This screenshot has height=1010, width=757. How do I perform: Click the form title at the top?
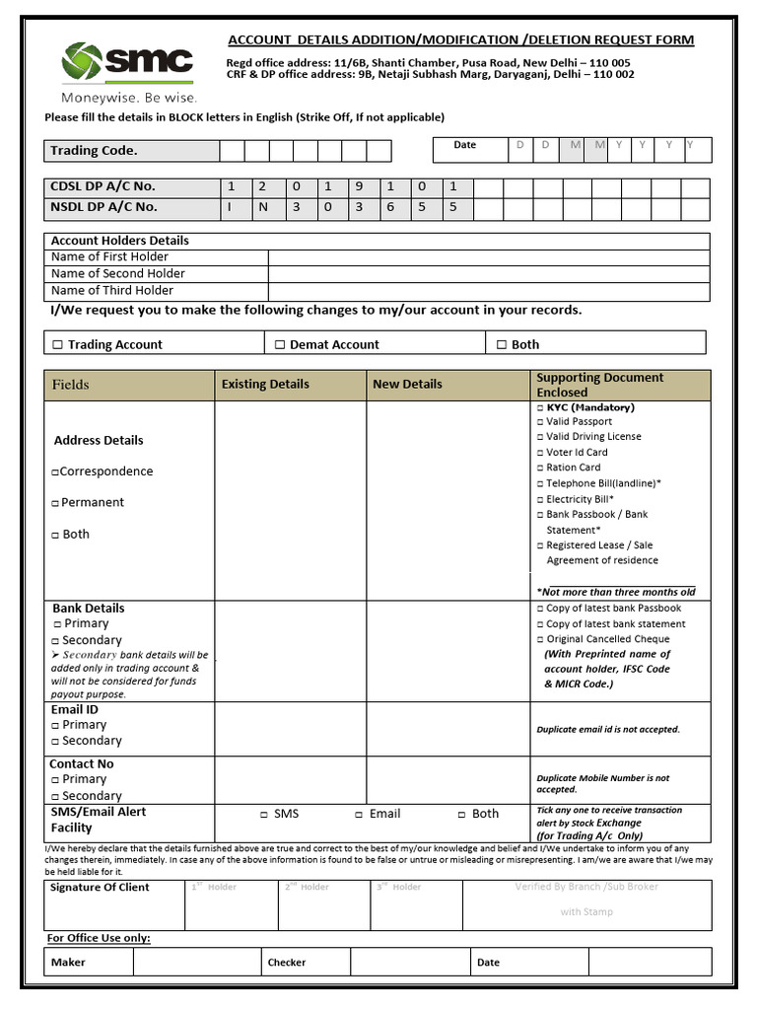(x=460, y=40)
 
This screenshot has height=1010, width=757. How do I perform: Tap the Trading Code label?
(x=95, y=151)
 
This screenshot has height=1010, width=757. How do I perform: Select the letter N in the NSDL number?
(x=264, y=207)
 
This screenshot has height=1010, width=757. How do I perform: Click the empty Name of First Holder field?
(x=488, y=257)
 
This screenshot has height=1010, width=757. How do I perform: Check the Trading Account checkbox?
(x=57, y=345)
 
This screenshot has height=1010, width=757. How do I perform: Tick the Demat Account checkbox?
(x=280, y=345)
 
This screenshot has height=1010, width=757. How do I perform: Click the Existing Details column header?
(x=265, y=385)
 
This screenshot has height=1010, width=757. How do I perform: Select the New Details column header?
(x=407, y=385)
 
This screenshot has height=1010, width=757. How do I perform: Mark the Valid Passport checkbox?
(x=540, y=422)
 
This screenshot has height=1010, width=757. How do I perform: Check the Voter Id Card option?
(x=540, y=453)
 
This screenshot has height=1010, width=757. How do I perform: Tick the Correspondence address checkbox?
(x=55, y=472)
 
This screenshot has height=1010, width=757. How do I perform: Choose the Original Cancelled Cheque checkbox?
(x=540, y=640)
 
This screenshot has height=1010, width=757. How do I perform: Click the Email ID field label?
(x=75, y=709)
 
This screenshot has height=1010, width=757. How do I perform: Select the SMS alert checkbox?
(x=263, y=815)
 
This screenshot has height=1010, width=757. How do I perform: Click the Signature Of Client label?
(x=100, y=888)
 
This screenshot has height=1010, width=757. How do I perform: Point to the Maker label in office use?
(x=68, y=963)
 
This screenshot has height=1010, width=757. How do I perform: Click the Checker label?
(x=287, y=963)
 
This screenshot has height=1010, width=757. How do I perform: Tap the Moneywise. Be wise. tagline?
(x=129, y=98)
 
